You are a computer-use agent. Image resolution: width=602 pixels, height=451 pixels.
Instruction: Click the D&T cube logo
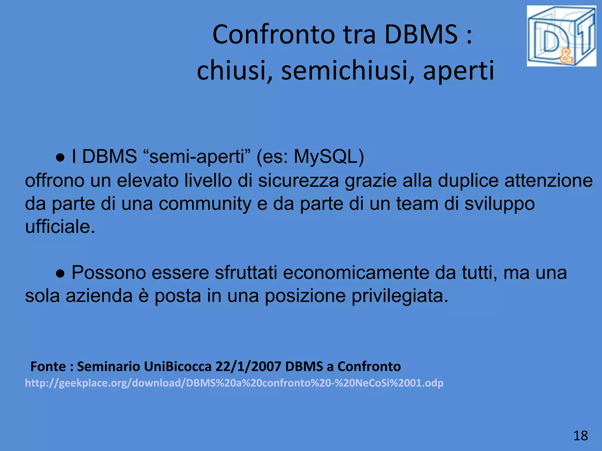click(561, 36)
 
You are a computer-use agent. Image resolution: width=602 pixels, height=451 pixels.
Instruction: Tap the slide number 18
click(581, 435)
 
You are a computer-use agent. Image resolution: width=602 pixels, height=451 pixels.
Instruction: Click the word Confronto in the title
click(274, 35)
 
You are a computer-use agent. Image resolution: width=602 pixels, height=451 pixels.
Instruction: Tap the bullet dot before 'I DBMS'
click(60, 158)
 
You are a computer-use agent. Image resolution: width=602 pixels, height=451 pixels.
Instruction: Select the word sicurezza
click(299, 180)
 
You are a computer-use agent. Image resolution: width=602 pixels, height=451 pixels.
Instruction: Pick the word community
click(205, 203)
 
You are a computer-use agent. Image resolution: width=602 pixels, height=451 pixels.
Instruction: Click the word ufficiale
click(60, 227)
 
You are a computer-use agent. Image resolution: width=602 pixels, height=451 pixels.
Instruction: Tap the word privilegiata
click(400, 296)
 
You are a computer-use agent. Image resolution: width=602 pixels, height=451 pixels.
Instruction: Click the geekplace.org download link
click(234, 383)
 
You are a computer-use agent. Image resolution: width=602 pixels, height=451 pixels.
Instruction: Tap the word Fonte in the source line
click(48, 366)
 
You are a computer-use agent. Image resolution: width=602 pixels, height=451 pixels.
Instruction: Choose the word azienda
click(99, 296)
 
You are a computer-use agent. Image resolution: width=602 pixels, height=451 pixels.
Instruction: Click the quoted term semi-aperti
click(197, 156)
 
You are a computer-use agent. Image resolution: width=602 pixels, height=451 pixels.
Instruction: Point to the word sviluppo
click(499, 203)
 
